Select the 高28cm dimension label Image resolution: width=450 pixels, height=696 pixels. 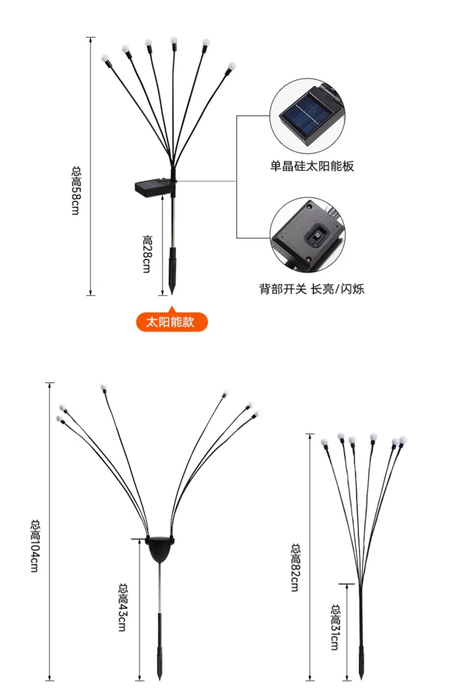[147, 254]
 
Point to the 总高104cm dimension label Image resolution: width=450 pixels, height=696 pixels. [35, 546]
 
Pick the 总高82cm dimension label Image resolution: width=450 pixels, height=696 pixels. [295, 567]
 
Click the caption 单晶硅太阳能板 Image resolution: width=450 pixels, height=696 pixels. [312, 166]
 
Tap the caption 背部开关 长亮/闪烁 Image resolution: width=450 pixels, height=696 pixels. [312, 289]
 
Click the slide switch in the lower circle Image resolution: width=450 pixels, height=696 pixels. [316, 237]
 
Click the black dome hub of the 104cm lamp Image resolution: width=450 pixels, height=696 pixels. [160, 548]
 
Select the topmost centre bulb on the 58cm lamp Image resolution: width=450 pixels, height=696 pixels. [174, 40]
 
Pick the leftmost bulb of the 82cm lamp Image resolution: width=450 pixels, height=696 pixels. [324, 443]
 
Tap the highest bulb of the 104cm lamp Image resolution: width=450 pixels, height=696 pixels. [103, 387]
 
